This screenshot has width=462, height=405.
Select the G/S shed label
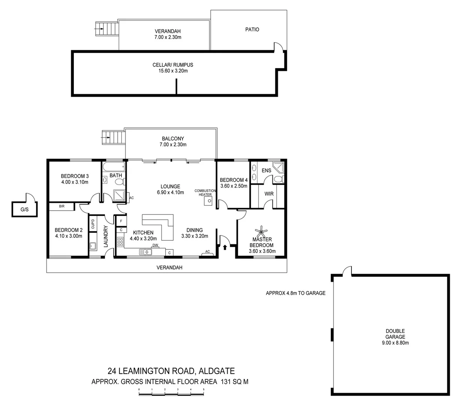tap(24, 210)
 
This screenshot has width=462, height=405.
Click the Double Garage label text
tap(395, 334)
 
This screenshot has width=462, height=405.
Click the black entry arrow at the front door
tap(225, 247)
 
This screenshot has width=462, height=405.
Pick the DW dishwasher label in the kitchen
tap(155, 246)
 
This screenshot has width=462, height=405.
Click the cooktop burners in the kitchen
tap(120, 242)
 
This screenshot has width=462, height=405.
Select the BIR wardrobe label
tap(61, 206)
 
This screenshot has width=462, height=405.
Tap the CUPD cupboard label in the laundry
tap(93, 224)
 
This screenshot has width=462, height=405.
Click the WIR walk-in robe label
tap(269, 194)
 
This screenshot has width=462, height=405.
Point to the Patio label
tap(252, 29)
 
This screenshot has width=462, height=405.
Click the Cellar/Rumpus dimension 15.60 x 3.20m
tap(173, 70)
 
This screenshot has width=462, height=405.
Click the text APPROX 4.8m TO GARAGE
tap(296, 293)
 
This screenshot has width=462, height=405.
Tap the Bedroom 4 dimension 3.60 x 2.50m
tap(233, 186)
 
